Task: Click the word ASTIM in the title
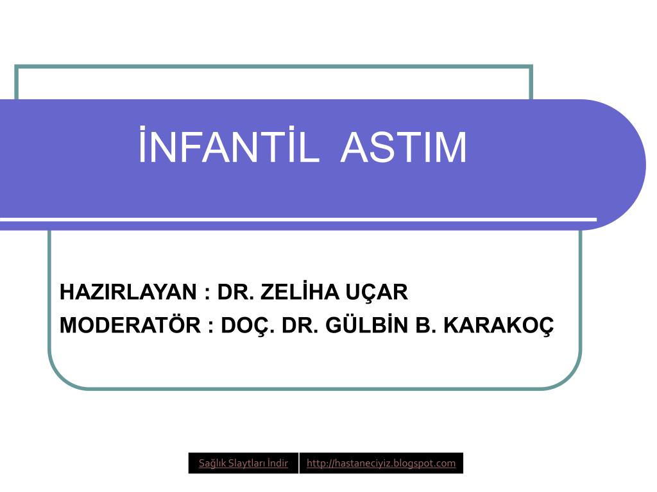click(x=404, y=147)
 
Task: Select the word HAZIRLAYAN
click(x=128, y=292)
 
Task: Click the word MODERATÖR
click(x=130, y=325)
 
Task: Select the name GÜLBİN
click(x=366, y=325)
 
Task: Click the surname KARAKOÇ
click(x=499, y=326)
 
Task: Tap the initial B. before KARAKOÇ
click(x=425, y=325)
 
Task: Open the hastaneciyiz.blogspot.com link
click(x=381, y=463)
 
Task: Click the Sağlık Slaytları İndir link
click(x=243, y=463)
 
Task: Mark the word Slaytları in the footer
click(x=246, y=464)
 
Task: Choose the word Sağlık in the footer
click(x=212, y=464)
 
